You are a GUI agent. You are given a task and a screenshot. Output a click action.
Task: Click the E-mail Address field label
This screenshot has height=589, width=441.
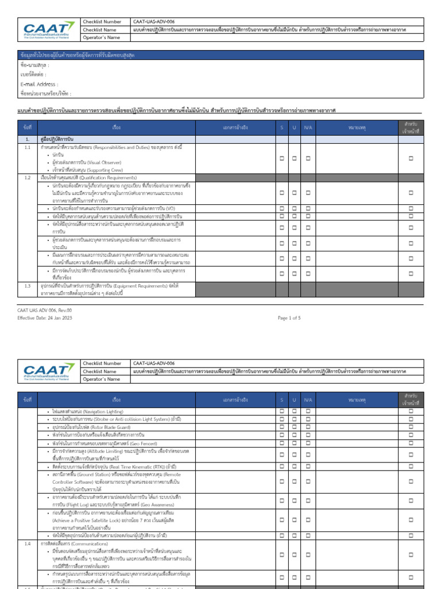pyautogui.click(x=38, y=84)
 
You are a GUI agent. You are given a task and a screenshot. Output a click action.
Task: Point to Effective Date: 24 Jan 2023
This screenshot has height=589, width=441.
pyautogui.click(x=45, y=318)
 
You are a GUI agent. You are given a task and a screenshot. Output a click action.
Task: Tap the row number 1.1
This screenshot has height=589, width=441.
pyautogui.click(x=27, y=148)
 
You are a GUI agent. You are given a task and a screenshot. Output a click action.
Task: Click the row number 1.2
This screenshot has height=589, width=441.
pyautogui.click(x=27, y=178)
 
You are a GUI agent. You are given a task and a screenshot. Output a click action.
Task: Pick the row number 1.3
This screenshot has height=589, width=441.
pyautogui.click(x=27, y=285)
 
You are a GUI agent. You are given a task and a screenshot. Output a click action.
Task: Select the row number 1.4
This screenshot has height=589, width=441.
pyautogui.click(x=27, y=542)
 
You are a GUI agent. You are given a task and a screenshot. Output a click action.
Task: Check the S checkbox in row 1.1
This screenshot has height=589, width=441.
pyautogui.click(x=282, y=158)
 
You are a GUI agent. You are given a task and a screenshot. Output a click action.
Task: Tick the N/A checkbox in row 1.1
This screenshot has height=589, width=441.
pyautogui.click(x=308, y=158)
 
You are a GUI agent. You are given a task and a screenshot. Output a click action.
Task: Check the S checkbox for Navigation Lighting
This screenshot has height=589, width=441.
pyautogui.click(x=282, y=412)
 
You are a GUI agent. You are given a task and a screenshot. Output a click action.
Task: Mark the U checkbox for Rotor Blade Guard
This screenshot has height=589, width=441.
pyautogui.click(x=294, y=428)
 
